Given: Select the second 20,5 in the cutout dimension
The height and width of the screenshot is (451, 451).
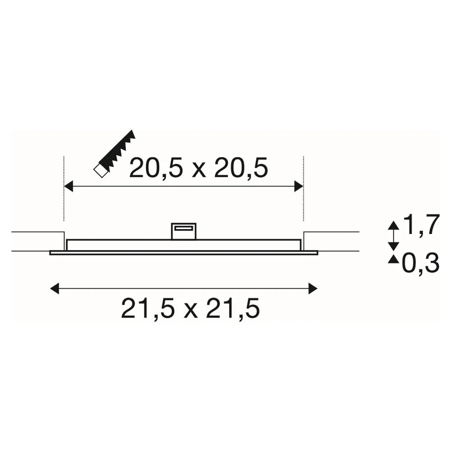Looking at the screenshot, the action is (241, 168).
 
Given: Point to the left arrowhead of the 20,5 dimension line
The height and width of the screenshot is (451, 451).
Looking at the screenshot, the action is (69, 186).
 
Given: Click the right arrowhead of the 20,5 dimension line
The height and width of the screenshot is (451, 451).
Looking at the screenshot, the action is (299, 186).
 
